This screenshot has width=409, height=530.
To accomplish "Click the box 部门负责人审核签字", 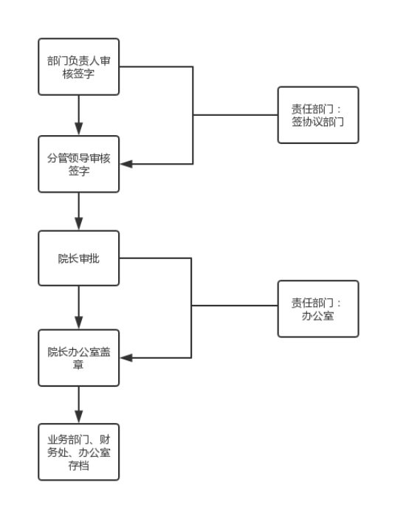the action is [78, 66].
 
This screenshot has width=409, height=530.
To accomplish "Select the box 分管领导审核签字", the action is [78, 164].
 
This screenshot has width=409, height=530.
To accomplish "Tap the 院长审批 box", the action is [78, 258].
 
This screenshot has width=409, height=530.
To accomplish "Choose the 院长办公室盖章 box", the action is [78, 357].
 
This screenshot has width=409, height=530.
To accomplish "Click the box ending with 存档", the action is [78, 452].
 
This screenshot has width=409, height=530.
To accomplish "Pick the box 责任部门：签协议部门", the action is [318, 115].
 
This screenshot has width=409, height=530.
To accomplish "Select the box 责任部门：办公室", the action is [318, 309].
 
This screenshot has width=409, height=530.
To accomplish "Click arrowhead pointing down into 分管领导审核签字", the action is [79, 129].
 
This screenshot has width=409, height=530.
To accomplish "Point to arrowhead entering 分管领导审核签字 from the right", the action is [126, 164].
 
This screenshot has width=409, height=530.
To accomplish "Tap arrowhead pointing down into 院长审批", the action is [79, 224].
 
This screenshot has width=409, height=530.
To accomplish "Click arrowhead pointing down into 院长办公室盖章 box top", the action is [79, 323].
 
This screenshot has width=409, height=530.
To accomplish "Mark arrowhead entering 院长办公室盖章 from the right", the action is [126, 357].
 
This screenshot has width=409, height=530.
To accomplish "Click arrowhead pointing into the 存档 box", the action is [79, 417].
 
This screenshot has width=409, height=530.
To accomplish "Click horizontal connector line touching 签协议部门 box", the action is [236, 115].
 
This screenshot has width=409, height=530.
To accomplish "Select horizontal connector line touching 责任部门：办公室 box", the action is [235, 306].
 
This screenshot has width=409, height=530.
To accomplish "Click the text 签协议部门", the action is [317, 122].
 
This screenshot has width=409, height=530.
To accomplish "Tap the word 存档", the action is [78, 466].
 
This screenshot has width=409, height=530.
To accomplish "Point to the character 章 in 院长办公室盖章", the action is [78, 365].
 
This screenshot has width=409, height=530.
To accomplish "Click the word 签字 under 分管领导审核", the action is [79, 171].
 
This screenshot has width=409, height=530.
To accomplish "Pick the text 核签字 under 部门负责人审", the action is [78, 74].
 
